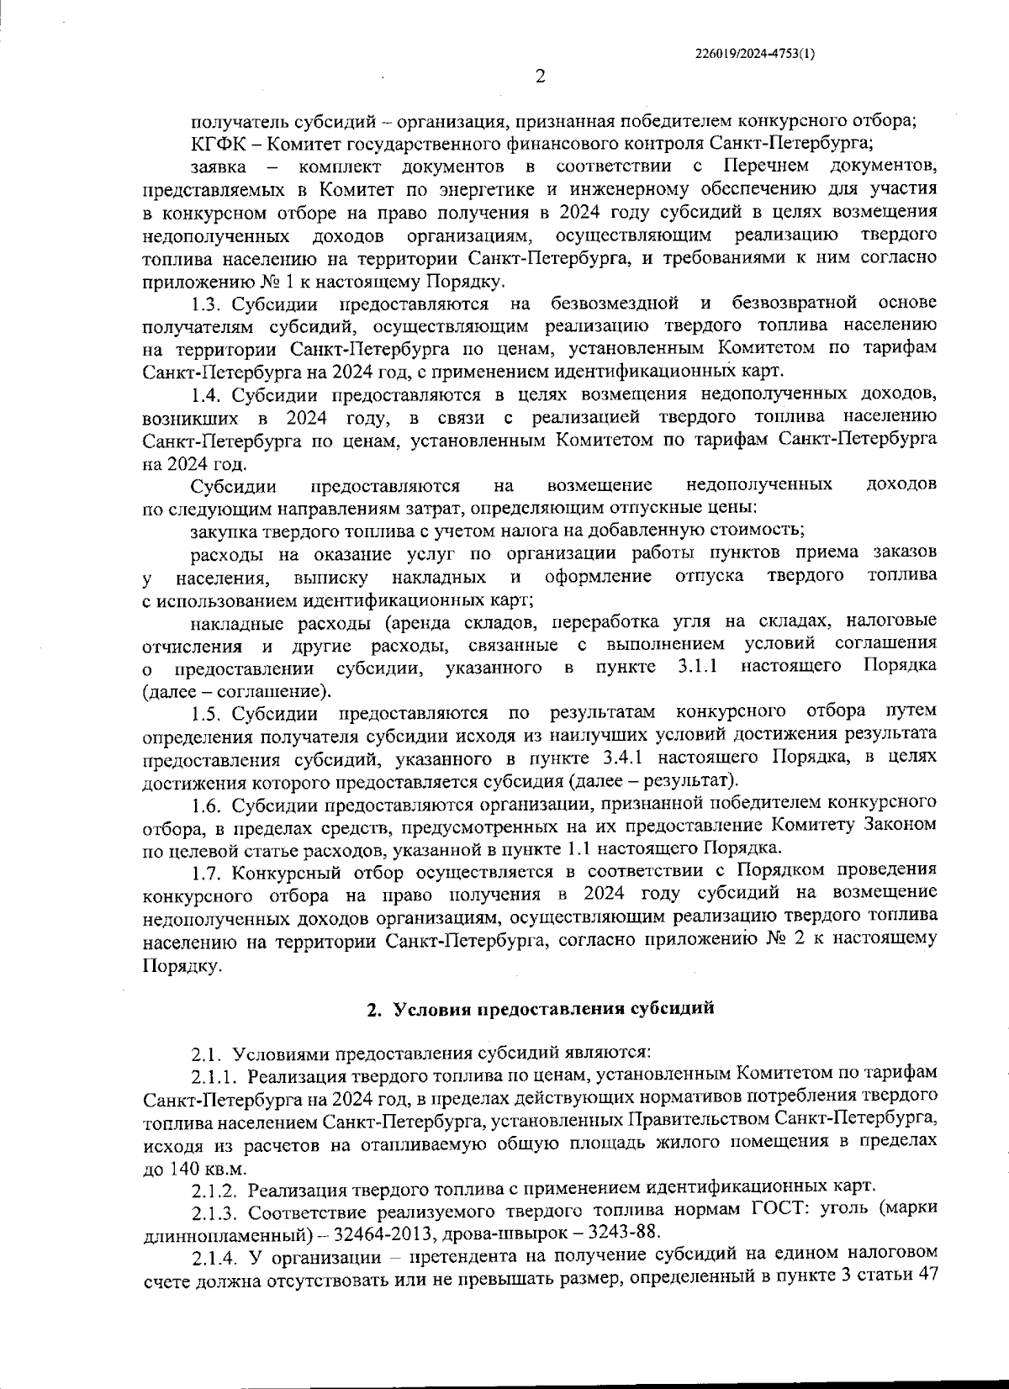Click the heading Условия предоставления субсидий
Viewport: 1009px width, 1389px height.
[x=554, y=1008]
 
